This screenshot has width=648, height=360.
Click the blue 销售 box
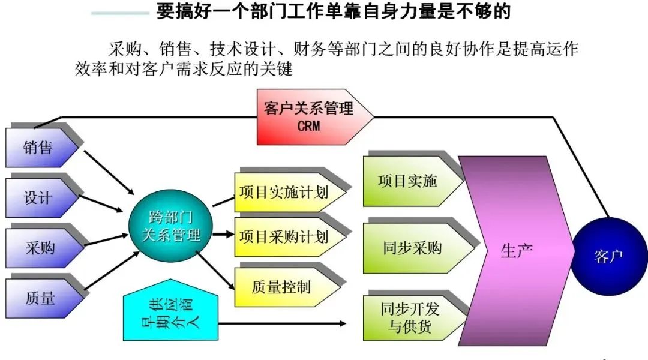pyautogui.click(x=40, y=147)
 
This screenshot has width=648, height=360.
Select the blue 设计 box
pyautogui.click(x=40, y=198)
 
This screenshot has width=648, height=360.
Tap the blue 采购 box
pyautogui.click(x=40, y=247)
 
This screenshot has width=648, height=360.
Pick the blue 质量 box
pyautogui.click(x=40, y=297)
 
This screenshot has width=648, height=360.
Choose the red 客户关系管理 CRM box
pyautogui.click(x=309, y=117)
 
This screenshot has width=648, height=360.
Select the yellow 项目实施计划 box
pyautogui.click(x=286, y=194)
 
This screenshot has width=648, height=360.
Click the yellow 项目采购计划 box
pyautogui.click(x=286, y=237)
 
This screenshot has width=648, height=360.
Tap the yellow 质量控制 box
pyautogui.click(x=282, y=287)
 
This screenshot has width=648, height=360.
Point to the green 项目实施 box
pyautogui.click(x=408, y=181)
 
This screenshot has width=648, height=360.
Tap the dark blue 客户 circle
pyautogui.click(x=608, y=256)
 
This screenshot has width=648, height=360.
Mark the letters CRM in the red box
pyautogui.click(x=309, y=126)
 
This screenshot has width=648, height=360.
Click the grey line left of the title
pyautogui.click(x=120, y=13)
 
